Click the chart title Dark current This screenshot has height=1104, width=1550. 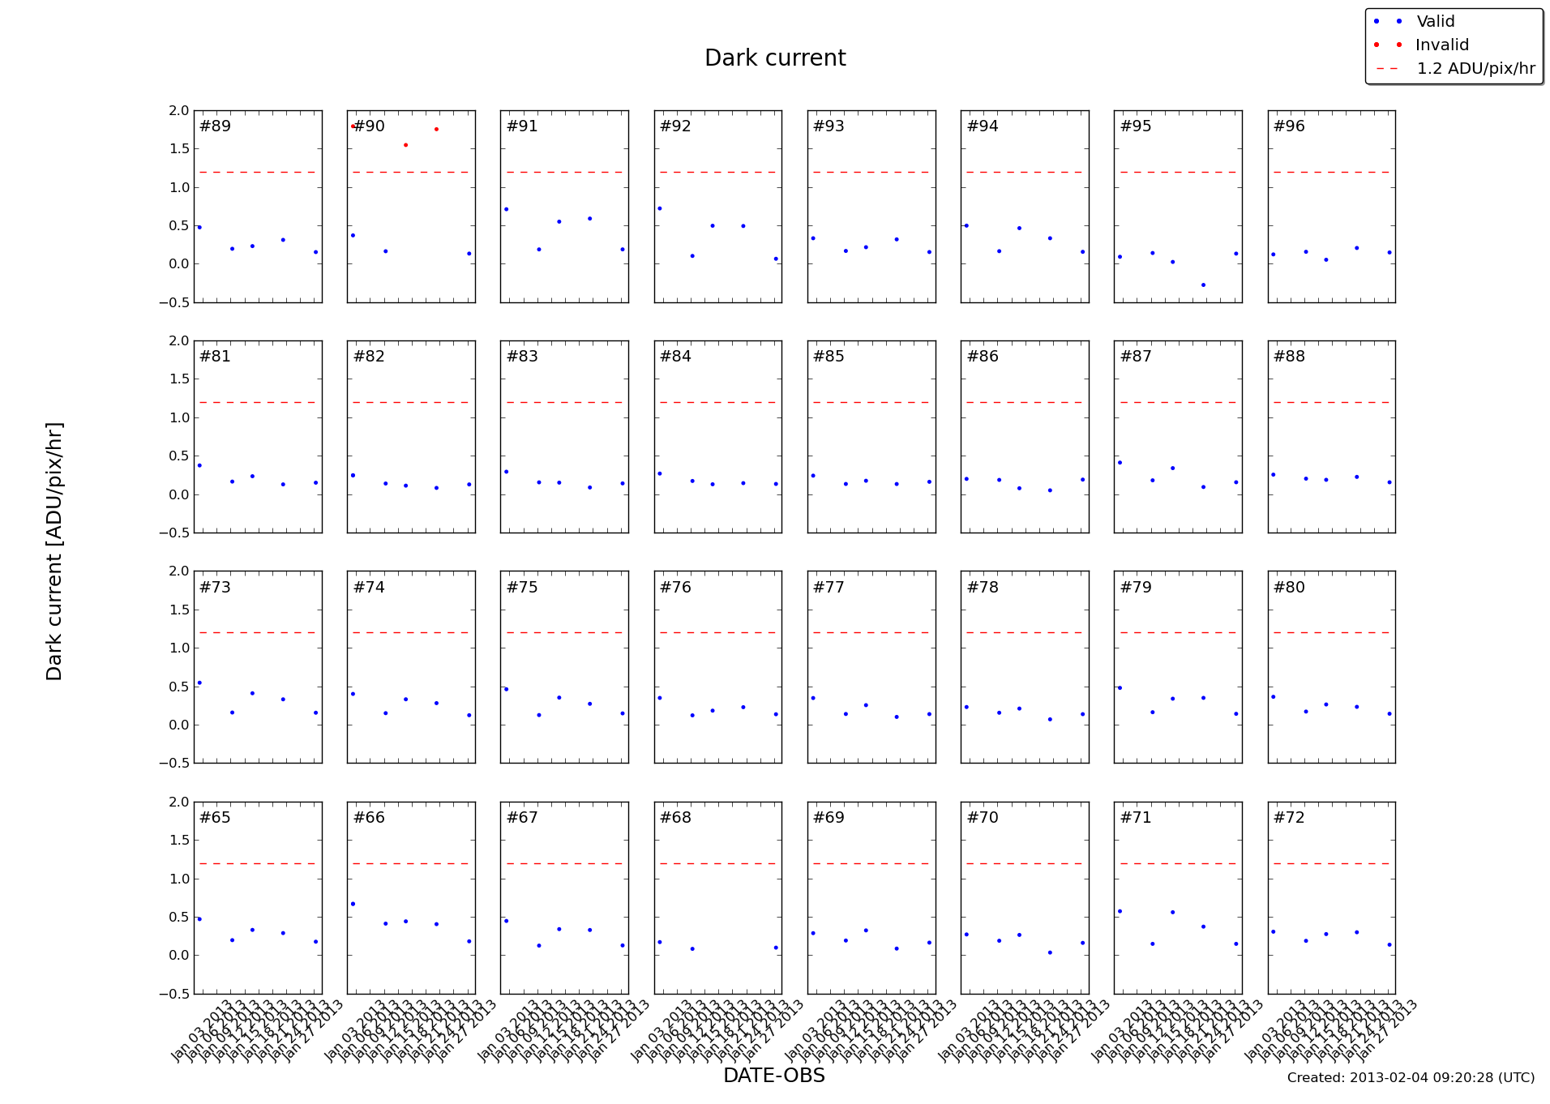tap(774, 58)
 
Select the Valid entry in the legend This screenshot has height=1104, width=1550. tap(1435, 22)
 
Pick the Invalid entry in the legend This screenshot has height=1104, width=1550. tap(1441, 45)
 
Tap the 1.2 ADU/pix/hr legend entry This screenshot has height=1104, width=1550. tap(1475, 69)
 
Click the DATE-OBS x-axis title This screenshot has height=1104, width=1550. tap(773, 1076)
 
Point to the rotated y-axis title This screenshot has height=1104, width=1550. tap(54, 551)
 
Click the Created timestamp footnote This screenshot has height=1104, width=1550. tap(1411, 1078)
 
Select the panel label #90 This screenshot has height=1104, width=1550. tap(369, 126)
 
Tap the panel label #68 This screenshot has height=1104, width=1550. tap(675, 818)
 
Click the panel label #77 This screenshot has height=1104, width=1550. tap(829, 588)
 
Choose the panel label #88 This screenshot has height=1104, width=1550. tap(1289, 357)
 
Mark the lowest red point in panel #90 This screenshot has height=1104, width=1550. tap(405, 145)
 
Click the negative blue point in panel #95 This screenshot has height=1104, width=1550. tap(1203, 285)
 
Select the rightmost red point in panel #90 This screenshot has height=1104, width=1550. tap(436, 130)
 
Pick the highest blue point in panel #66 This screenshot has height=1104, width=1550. tap(353, 904)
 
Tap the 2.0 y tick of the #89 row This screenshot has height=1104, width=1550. tap(179, 111)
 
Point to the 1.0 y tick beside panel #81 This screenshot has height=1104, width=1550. tap(179, 418)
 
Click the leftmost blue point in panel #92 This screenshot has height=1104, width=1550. tap(660, 209)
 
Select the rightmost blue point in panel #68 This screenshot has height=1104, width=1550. tap(776, 948)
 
